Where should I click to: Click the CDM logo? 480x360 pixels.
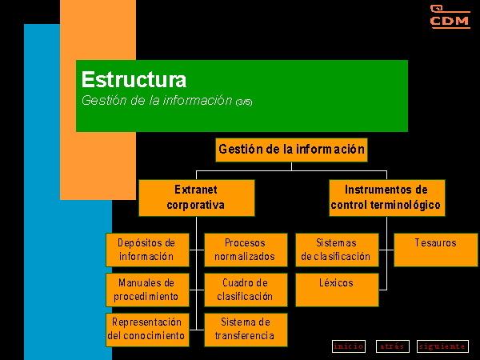pos(450,17)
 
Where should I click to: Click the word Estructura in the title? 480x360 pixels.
pos(134,79)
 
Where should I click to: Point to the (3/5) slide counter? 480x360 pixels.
pos(244,102)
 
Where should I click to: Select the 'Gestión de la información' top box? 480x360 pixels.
pos(291,150)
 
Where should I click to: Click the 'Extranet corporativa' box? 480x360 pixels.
pos(197,198)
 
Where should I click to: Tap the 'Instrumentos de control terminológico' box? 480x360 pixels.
pos(387,198)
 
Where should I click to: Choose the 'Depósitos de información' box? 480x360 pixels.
pos(147,250)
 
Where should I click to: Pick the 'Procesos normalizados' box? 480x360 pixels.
pos(246,250)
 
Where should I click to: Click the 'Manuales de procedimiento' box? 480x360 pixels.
pos(147,290)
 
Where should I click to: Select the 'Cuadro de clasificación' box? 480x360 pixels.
pos(246,290)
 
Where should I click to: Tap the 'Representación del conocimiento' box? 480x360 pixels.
pos(147,330)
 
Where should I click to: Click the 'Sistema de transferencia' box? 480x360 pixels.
pos(246,330)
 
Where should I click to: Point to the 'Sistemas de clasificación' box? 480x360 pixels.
pos(337,250)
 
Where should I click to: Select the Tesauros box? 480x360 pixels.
pos(436,250)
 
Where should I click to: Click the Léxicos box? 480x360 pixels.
pos(337,290)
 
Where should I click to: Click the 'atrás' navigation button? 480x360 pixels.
pos(393,346)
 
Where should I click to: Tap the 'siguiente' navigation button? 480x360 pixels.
pos(442,346)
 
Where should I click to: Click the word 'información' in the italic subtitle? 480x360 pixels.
pos(198,101)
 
